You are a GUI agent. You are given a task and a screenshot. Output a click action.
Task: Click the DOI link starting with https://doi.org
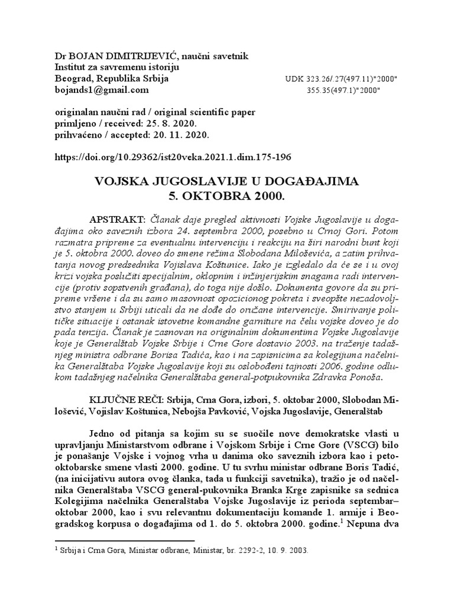click(173, 158)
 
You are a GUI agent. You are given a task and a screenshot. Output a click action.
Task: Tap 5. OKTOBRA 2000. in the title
click(227, 194)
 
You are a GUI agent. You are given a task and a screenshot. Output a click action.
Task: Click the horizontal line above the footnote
click(124, 539)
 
